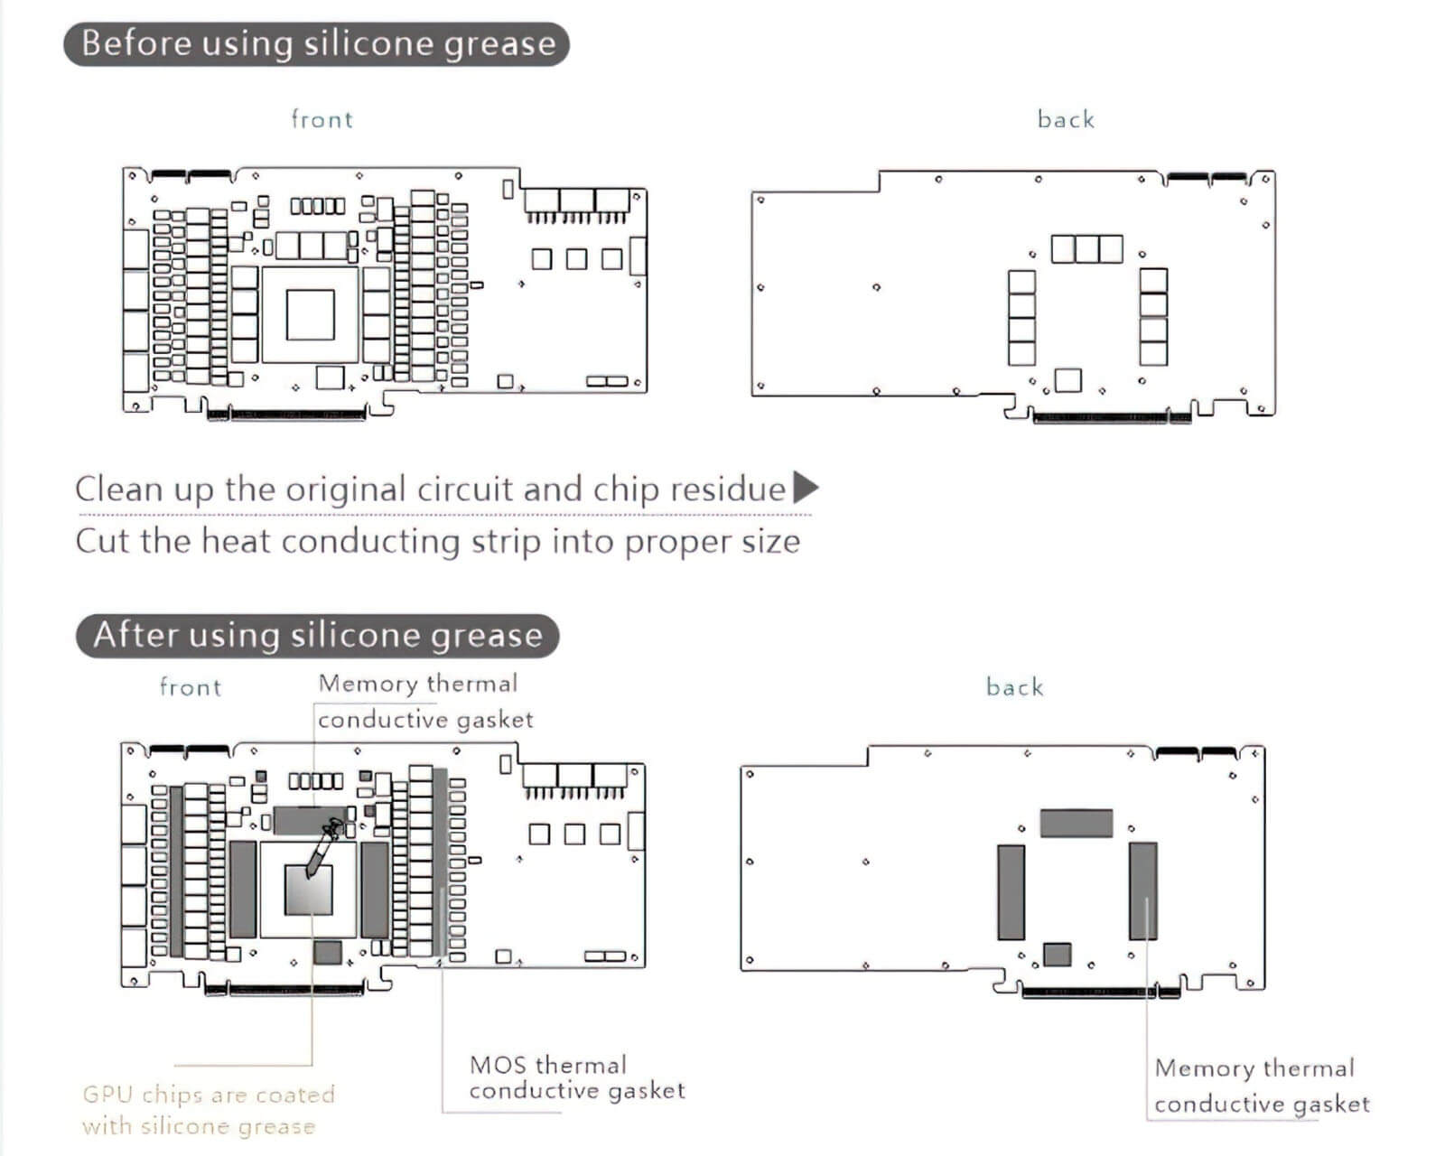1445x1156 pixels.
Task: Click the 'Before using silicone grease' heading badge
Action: click(x=316, y=44)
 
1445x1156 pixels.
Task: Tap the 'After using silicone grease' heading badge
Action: click(x=317, y=636)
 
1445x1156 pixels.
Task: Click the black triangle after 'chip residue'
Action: click(x=806, y=487)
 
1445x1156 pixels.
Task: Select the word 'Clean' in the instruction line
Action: click(x=119, y=489)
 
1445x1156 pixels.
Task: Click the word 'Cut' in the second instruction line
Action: click(x=103, y=541)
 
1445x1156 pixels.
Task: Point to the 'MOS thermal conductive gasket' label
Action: click(x=577, y=1077)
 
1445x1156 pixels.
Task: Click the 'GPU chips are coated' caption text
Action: click(x=208, y=1095)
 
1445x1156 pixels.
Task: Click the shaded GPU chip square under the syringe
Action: click(x=309, y=890)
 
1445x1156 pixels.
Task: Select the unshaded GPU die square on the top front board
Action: click(x=310, y=315)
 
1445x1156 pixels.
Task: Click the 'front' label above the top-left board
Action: click(x=322, y=119)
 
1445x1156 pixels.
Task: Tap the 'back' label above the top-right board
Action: click(x=1066, y=119)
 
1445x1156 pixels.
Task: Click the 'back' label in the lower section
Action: click(x=1014, y=687)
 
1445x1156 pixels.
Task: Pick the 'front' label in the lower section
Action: click(x=190, y=687)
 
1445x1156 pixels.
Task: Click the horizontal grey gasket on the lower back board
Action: click(x=1077, y=823)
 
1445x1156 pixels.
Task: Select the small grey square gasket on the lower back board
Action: click(x=1057, y=955)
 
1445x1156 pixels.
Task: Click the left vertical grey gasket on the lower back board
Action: click(x=1011, y=892)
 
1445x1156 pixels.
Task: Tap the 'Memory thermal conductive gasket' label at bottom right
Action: click(x=1262, y=1086)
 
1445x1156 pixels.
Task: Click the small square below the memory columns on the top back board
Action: click(x=1068, y=380)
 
